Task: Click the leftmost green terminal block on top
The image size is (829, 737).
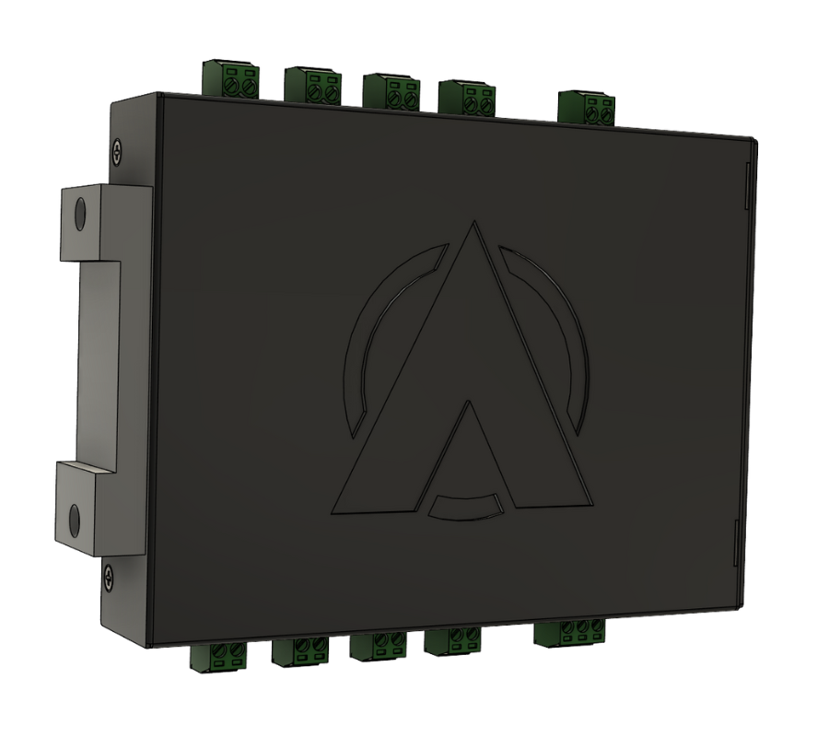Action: (x=230, y=77)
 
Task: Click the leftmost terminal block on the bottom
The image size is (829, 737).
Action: (x=218, y=657)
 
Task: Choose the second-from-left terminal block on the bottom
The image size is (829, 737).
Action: (x=300, y=651)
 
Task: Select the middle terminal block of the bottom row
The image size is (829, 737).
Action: (x=378, y=646)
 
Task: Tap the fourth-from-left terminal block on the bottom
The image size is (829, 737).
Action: (x=452, y=640)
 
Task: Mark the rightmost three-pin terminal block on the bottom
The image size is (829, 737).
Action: (x=571, y=632)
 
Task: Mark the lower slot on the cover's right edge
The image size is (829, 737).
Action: (x=735, y=544)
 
